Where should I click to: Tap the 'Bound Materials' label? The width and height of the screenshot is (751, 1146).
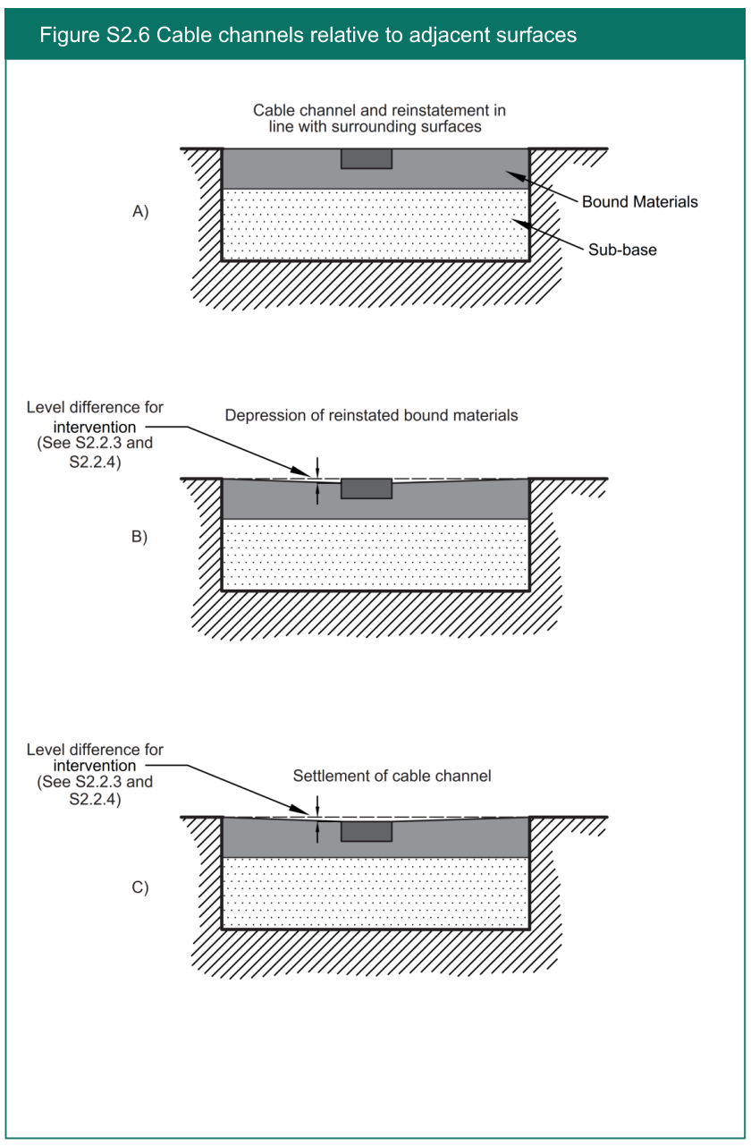coord(639,202)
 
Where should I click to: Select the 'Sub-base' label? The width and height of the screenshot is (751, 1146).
coord(621,250)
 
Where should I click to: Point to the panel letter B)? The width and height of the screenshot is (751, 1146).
coord(140,537)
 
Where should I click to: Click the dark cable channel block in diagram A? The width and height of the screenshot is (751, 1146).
coord(367,158)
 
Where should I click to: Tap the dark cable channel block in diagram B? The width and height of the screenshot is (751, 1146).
coord(367,488)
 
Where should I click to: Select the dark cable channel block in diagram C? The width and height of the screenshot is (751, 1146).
coord(367,831)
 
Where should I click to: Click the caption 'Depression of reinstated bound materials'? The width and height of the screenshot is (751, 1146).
coord(371,416)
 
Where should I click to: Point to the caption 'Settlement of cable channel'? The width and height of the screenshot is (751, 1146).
coord(392,776)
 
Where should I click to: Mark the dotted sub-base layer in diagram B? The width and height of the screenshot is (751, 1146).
coord(375,555)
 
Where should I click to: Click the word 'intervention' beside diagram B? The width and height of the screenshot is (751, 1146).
coord(95,427)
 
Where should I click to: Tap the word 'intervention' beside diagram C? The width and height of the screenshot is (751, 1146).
coord(95,766)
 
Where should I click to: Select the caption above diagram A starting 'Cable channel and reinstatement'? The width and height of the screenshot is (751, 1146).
coord(379,118)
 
